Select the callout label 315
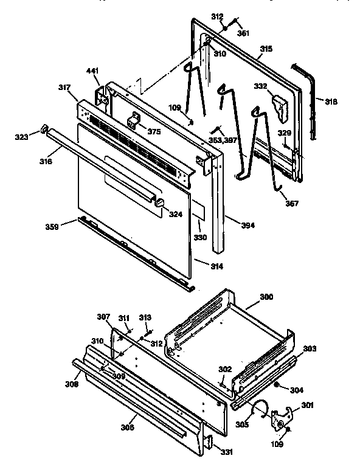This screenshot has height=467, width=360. pyautogui.click(x=266, y=48)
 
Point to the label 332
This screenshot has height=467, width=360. pyautogui.click(x=260, y=86)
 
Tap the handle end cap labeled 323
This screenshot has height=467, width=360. pyautogui.click(x=44, y=129)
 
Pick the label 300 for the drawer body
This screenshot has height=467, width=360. pyautogui.click(x=266, y=297)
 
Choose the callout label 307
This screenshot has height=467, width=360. pyautogui.click(x=104, y=316)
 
